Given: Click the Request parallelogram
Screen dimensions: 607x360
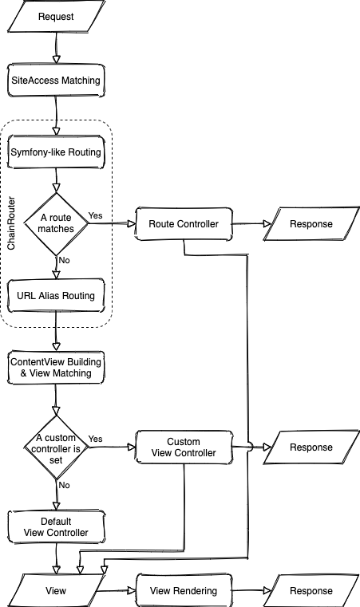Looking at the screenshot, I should [56, 17].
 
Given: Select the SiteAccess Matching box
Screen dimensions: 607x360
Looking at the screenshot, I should [56, 81].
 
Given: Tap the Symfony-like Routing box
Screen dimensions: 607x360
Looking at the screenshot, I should [56, 152].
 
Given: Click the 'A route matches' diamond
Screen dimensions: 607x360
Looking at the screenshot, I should [56, 223].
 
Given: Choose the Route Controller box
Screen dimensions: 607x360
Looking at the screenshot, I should [184, 224].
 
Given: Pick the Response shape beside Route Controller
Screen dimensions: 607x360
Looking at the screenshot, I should [311, 224].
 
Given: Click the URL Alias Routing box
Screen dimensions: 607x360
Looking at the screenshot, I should [56, 295].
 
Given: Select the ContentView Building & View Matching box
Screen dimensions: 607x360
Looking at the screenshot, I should [56, 367].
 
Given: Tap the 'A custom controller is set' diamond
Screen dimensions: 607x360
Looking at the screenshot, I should [56, 447].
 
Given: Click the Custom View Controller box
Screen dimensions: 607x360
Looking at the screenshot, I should [184, 447].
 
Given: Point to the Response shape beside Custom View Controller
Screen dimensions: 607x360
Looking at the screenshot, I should [311, 447].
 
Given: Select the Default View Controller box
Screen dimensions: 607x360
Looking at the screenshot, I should [56, 526].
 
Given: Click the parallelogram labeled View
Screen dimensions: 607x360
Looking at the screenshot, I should [56, 591].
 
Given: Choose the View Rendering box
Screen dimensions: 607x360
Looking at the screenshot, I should [184, 591].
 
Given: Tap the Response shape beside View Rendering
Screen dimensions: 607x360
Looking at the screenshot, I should [311, 591].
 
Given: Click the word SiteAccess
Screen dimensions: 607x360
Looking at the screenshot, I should [35, 81].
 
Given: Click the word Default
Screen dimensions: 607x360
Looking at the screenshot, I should [56, 521].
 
